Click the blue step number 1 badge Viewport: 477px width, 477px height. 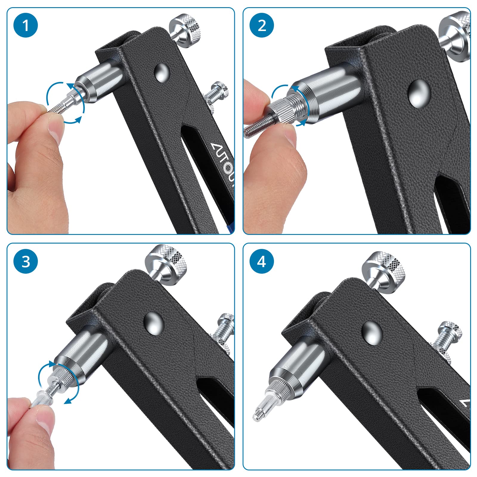coord(26,25)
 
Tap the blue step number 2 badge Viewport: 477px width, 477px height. coord(262,25)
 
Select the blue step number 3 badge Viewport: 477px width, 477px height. coord(26,261)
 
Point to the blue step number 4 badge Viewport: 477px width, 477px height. coord(262,261)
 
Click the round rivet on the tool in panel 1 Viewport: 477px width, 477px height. coord(162,72)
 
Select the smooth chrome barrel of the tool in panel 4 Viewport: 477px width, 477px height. coord(301,361)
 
